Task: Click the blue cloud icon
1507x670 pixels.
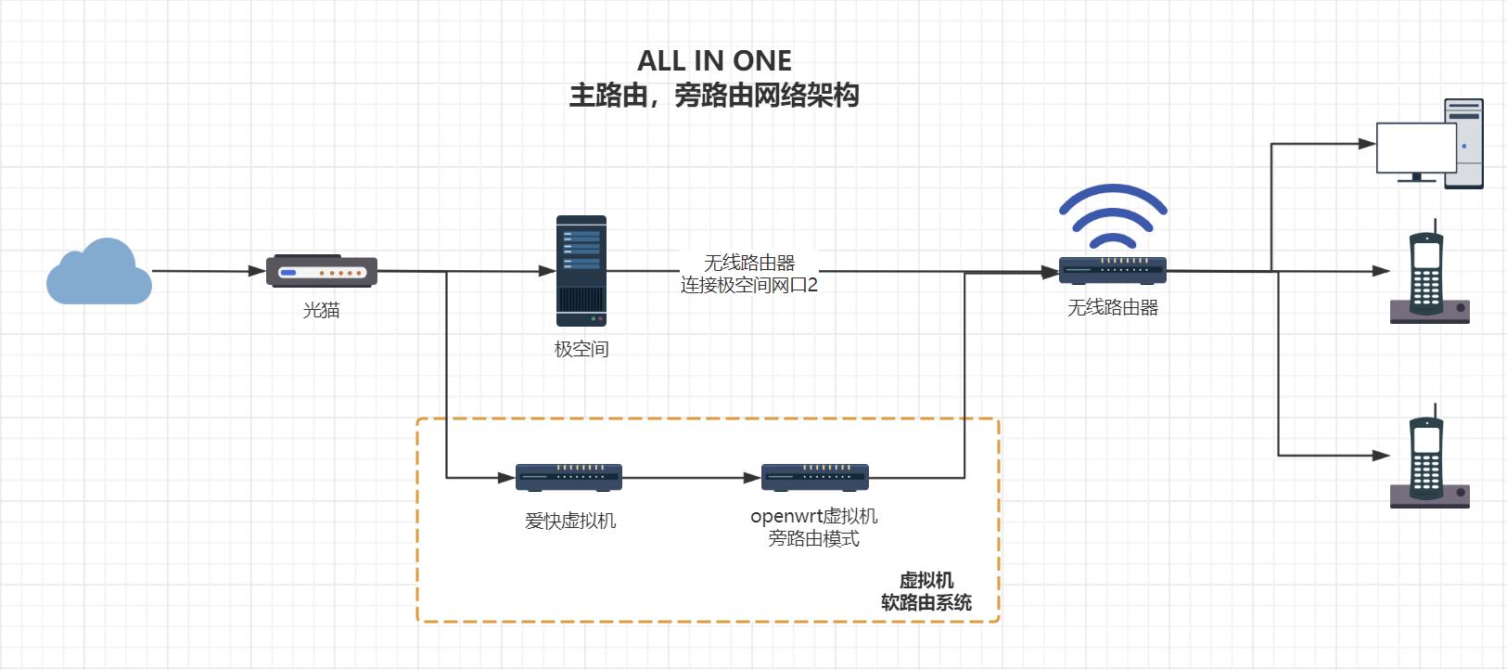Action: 98,272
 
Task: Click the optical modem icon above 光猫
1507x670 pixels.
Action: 322,272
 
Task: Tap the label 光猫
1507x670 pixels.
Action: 322,311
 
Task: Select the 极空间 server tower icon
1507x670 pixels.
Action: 581,271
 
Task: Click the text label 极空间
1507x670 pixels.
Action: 581,350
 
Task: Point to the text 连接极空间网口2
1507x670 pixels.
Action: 749,286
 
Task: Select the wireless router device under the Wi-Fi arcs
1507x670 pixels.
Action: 1113,270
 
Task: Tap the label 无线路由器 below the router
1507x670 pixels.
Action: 1113,308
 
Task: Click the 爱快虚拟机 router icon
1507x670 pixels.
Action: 568,477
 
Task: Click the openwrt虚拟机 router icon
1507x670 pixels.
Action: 814,477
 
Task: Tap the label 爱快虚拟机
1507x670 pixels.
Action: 570,522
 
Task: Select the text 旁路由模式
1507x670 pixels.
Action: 813,539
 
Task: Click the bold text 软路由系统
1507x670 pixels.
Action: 926,603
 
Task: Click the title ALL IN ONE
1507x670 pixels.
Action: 714,61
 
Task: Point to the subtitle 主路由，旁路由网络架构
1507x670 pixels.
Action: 714,96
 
